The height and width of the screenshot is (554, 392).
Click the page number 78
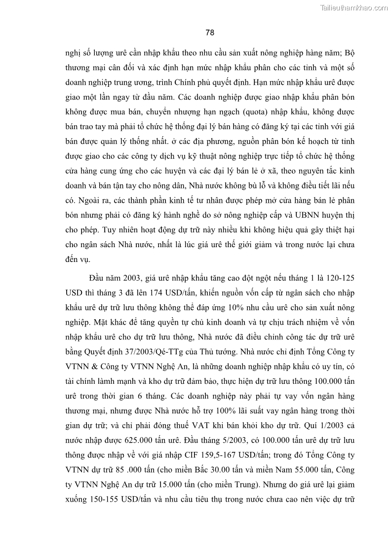(210, 33)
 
